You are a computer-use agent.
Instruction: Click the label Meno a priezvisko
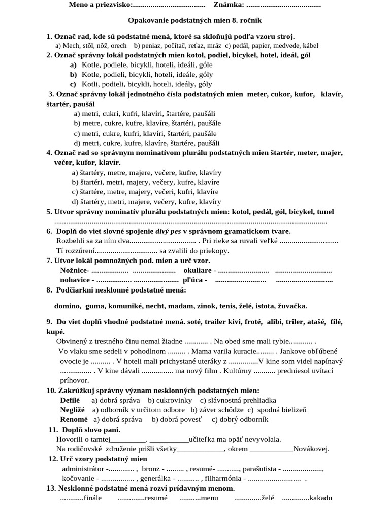[100, 5]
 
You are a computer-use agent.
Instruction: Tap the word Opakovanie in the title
[150, 21]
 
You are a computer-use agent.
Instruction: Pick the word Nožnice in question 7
[74, 270]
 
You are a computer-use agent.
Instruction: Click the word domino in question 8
[68, 306]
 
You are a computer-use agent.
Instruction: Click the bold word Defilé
[70, 400]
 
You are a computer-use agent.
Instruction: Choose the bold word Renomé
[74, 419]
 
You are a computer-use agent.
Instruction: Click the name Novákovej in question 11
[311, 449]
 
